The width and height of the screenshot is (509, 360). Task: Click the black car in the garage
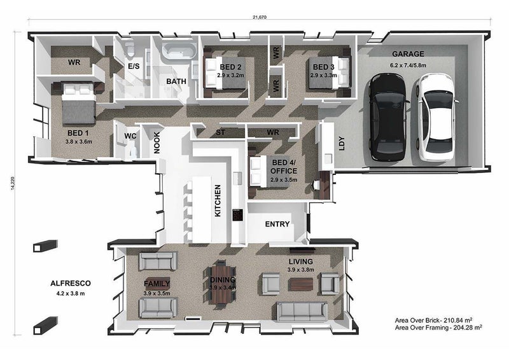coord(387,117)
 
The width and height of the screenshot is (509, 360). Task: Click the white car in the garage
coord(436,117)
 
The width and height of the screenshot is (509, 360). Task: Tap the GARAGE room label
coord(408,54)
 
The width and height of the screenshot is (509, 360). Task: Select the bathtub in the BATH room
coord(179,51)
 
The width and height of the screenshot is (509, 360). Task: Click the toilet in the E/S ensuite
coord(130,49)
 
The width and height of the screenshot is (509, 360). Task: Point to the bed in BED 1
coord(78,103)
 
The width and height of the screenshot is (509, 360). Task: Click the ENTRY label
coord(277,224)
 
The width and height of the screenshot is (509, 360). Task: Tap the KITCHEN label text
coord(218,200)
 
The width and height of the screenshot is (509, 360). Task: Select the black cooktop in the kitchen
coord(237,215)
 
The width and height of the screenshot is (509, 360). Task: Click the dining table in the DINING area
coord(222,284)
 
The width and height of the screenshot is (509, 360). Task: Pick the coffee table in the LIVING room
coord(301,284)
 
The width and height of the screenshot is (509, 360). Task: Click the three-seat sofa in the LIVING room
coord(302,311)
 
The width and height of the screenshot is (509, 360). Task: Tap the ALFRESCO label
coord(71,284)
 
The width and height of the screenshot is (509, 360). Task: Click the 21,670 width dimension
coord(260,17)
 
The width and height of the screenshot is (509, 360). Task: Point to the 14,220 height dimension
coord(13,183)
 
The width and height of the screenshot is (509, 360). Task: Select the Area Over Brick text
coord(433,321)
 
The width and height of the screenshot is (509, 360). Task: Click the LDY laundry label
coord(342,143)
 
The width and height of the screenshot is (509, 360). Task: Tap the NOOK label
coord(157,142)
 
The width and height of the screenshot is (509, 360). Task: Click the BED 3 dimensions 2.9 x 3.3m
coord(323,75)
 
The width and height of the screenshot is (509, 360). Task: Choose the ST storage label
coord(220,132)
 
